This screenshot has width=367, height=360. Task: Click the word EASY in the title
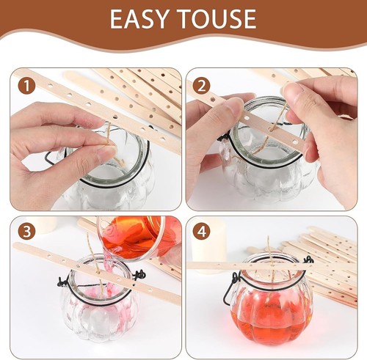pyautogui.click(x=141, y=20)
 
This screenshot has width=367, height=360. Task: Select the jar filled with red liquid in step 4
pyautogui.click(x=272, y=308)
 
